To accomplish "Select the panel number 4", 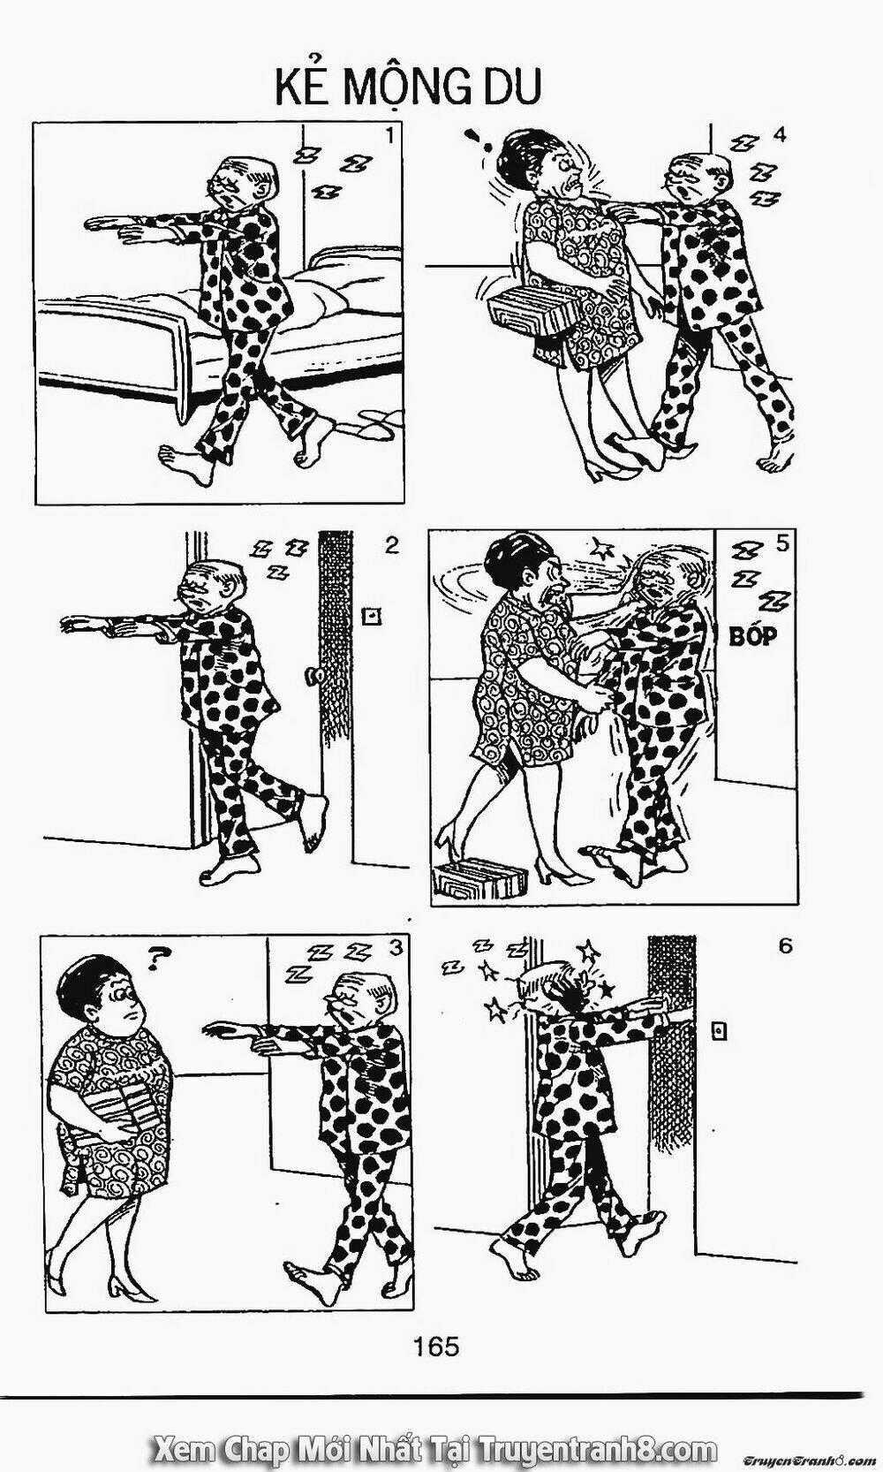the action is (779, 134).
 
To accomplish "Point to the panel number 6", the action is (785, 946).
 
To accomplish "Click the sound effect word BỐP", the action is (753, 636).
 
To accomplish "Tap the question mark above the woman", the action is (155, 960).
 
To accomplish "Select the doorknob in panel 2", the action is (313, 676).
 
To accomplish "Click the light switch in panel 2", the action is (373, 617).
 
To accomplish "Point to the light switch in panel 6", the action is (720, 1032).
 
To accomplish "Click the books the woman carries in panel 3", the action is (126, 1112).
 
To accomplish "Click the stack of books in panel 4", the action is (533, 307).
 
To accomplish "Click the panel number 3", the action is (394, 947).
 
